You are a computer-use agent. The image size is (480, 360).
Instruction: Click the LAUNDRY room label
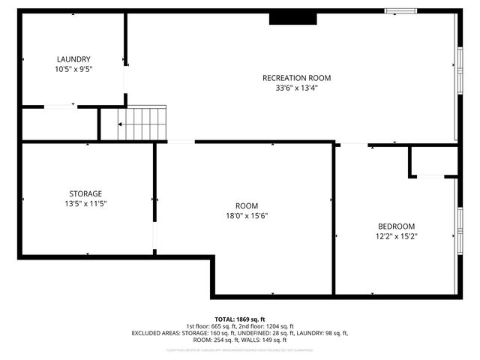pyautogui.click(x=73, y=59)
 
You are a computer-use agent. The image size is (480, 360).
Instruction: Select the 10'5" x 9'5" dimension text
pyautogui.click(x=73, y=69)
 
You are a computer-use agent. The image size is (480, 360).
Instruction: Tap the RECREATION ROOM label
pyautogui.click(x=296, y=78)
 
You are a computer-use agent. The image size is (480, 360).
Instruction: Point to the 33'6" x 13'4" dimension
pyautogui.click(x=296, y=88)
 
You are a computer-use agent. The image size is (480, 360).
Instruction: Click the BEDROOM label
pyautogui.click(x=396, y=226)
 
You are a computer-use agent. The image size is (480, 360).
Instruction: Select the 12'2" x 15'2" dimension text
pyautogui.click(x=396, y=236)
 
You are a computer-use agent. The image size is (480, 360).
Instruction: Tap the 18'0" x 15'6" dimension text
pyautogui.click(x=247, y=216)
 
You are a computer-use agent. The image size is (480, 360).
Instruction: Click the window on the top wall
pyautogui.click(x=400, y=11)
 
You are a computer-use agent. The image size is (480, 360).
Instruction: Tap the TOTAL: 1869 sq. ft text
pyautogui.click(x=240, y=319)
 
